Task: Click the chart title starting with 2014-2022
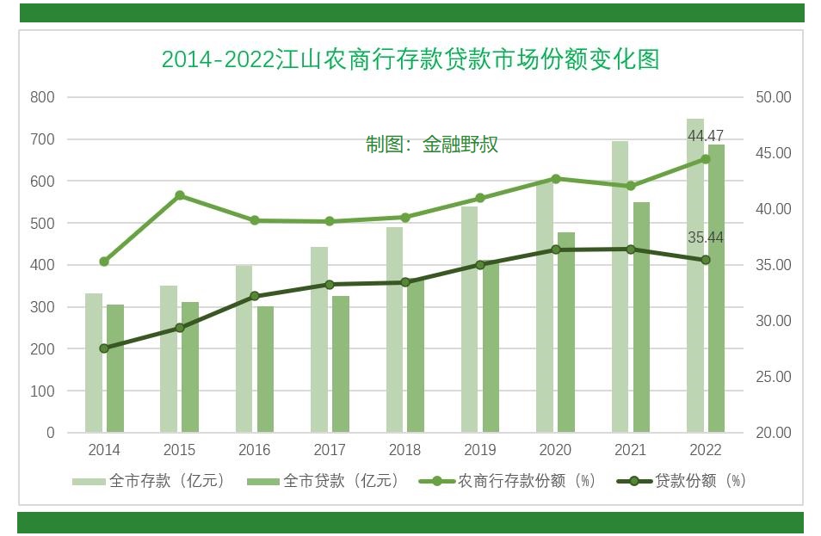(410, 59)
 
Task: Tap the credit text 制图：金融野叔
(432, 145)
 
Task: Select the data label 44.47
(705, 136)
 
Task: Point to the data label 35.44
(705, 237)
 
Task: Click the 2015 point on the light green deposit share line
(180, 195)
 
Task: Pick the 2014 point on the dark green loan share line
(104, 348)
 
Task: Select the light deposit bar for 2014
(94, 362)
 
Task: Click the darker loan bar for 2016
(265, 369)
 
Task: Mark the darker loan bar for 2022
(716, 288)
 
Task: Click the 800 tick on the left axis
(43, 97)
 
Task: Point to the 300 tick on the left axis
(43, 307)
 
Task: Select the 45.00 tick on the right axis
(773, 153)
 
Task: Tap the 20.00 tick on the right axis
(773, 433)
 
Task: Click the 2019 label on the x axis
(480, 450)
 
